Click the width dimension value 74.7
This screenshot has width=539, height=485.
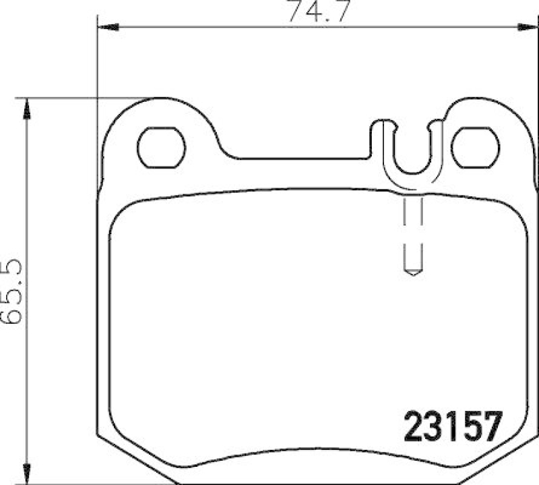point(317,12)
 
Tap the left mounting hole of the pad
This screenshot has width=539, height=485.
point(161,146)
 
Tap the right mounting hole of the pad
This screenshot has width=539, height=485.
point(475,146)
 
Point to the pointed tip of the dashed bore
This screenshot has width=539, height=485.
point(412,273)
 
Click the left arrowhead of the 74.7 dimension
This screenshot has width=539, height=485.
point(108,27)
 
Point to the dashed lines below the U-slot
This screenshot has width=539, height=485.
point(412,223)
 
